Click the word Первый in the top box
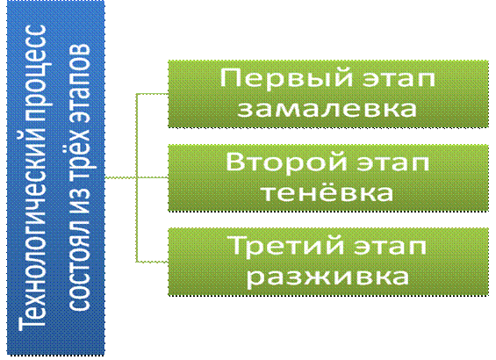click(x=286, y=78)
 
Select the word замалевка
click(x=327, y=108)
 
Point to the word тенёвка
click(x=327, y=191)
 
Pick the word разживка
click(x=327, y=277)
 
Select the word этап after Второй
click(x=393, y=163)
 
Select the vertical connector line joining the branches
click(x=136, y=177)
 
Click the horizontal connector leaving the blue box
click(x=120, y=177)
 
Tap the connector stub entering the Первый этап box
click(x=152, y=94)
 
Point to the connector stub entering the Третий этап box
click(x=152, y=262)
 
